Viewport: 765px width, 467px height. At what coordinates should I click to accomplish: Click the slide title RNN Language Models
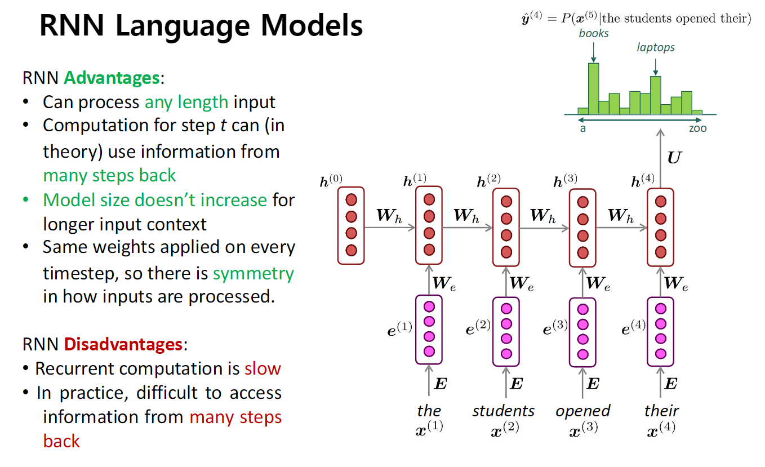pos(201,26)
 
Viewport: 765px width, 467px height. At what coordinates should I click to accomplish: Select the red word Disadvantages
pos(123,344)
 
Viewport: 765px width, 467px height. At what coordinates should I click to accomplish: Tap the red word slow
pos(263,368)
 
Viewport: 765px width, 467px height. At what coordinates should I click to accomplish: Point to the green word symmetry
pos(253,273)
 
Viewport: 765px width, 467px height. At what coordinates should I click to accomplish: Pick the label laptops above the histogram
pos(656,48)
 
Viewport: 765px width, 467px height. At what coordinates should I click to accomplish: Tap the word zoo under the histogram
pos(697,128)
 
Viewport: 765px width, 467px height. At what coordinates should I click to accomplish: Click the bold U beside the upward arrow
pos(674,157)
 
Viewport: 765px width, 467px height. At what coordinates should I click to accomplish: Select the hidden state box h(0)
pos(352,225)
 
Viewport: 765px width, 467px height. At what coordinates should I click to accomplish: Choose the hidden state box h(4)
pos(660,227)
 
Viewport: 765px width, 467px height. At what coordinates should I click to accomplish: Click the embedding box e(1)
pos(429,330)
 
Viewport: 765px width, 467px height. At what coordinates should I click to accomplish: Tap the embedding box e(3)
pos(582,332)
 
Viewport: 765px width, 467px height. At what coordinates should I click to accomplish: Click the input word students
pos(504,411)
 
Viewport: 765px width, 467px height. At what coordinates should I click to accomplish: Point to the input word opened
pos(583,411)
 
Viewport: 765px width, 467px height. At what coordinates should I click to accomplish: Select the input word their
pos(661,411)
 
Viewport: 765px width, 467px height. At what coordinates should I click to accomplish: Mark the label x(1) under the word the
pos(429,426)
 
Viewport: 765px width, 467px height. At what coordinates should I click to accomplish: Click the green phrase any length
pos(186,102)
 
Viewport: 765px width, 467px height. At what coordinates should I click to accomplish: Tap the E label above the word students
pos(516,385)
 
